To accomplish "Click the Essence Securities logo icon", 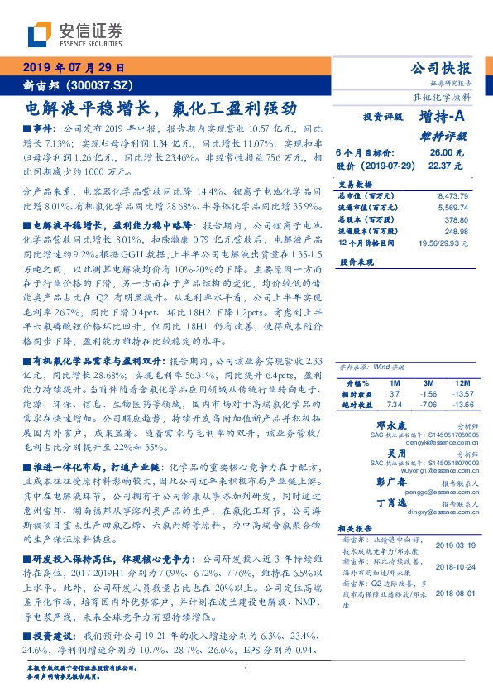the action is pos(38,35).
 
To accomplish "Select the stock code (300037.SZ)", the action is pos(107,85).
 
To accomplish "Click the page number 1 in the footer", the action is pos(247,669).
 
